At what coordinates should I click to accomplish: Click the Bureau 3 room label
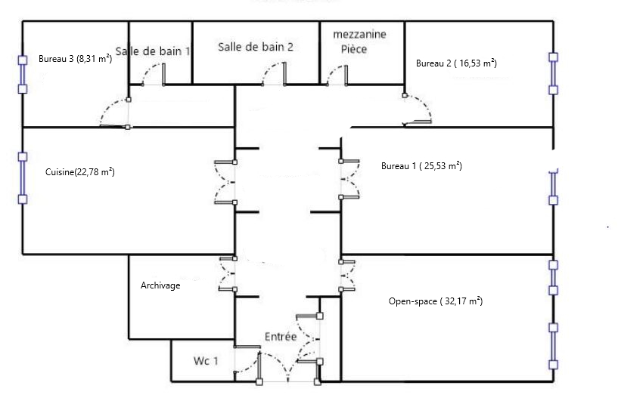[x=76, y=59]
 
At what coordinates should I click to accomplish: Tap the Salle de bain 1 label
[x=153, y=51]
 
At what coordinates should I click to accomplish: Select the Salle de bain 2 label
[x=256, y=47]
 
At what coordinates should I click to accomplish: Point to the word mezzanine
[x=359, y=34]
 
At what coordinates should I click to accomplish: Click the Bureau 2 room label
[x=456, y=63]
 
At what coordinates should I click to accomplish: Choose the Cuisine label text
[x=80, y=172]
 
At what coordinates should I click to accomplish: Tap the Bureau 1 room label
[x=421, y=165]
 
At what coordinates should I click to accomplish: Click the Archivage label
[x=160, y=285]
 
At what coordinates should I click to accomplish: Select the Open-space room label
[x=436, y=301]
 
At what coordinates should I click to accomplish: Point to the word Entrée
[x=281, y=337]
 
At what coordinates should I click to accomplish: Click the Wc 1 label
[x=206, y=361]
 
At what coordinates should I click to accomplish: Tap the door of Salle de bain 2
[x=275, y=73]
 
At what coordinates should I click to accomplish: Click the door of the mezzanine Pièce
[x=337, y=75]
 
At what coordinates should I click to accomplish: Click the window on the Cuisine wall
[x=23, y=178]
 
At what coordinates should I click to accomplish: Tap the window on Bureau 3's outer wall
[x=23, y=74]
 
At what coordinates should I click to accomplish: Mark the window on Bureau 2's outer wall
[x=554, y=73]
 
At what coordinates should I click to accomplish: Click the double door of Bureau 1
[x=349, y=179]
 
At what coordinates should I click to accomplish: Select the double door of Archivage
[x=228, y=274]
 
